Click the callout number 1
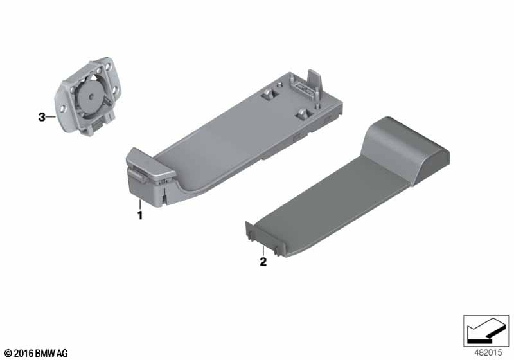point(140,215)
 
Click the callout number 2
point(263,262)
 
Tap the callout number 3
point(42,117)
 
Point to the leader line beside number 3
point(51,117)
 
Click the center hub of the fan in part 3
point(91,96)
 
